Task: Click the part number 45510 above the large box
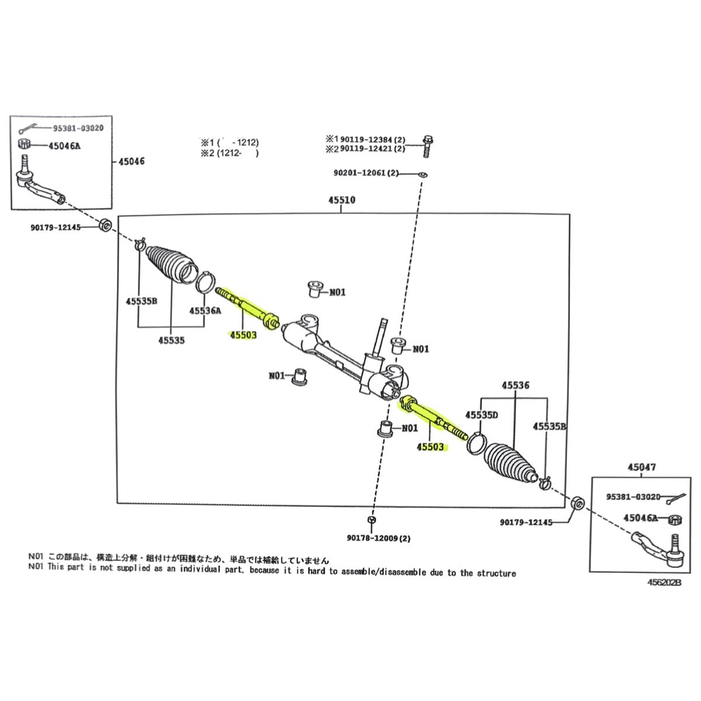point(342,200)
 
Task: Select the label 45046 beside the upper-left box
point(131,161)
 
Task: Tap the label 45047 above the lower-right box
point(642,467)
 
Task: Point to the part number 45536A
point(205,311)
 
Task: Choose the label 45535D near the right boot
point(481,415)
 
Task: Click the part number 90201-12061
point(366,173)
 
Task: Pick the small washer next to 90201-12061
point(423,174)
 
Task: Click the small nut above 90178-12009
point(372,520)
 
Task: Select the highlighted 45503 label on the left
point(244,335)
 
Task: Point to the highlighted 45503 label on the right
point(430,447)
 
